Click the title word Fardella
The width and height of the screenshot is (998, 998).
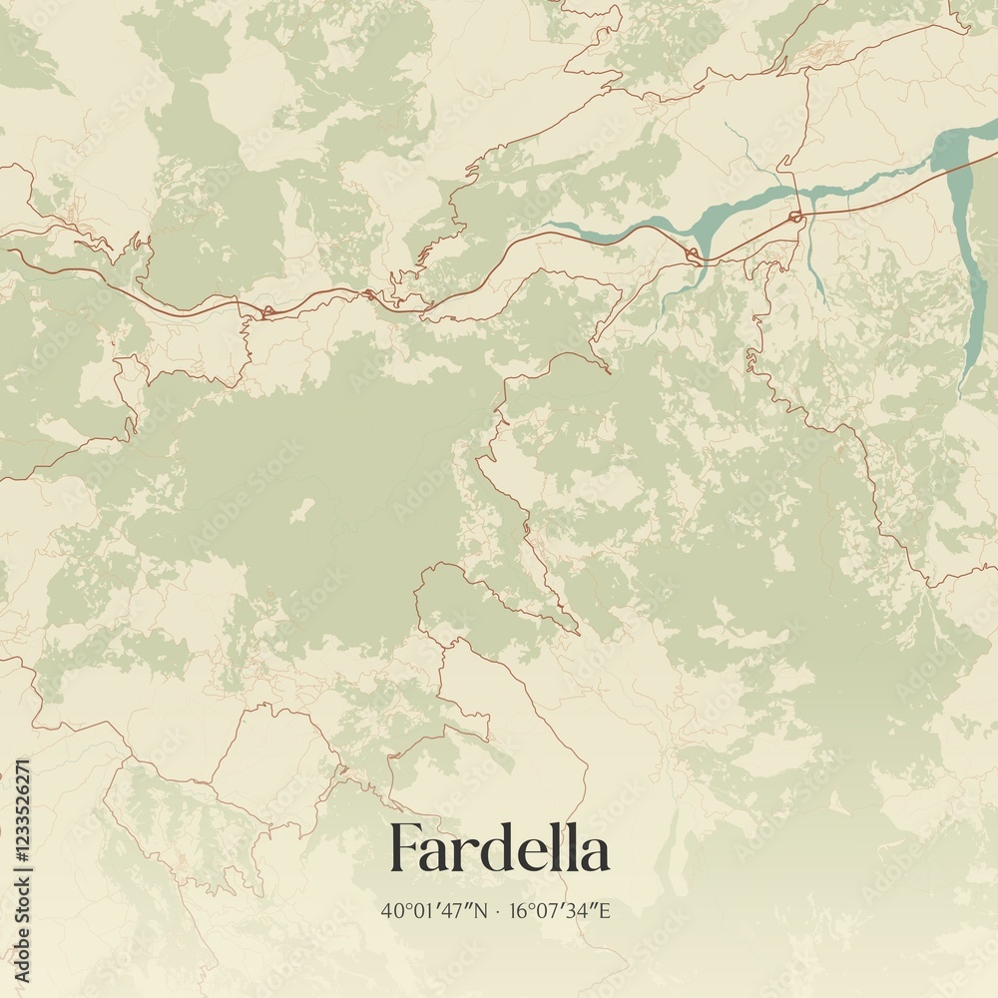click(499, 849)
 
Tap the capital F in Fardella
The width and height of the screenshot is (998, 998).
click(404, 849)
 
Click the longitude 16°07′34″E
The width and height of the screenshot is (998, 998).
click(560, 910)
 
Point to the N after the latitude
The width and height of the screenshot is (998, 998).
click(483, 910)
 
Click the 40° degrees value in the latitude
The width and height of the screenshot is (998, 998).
click(394, 910)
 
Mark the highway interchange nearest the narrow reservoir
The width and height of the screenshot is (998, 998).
click(795, 217)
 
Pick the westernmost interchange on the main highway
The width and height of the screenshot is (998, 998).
click(266, 313)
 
